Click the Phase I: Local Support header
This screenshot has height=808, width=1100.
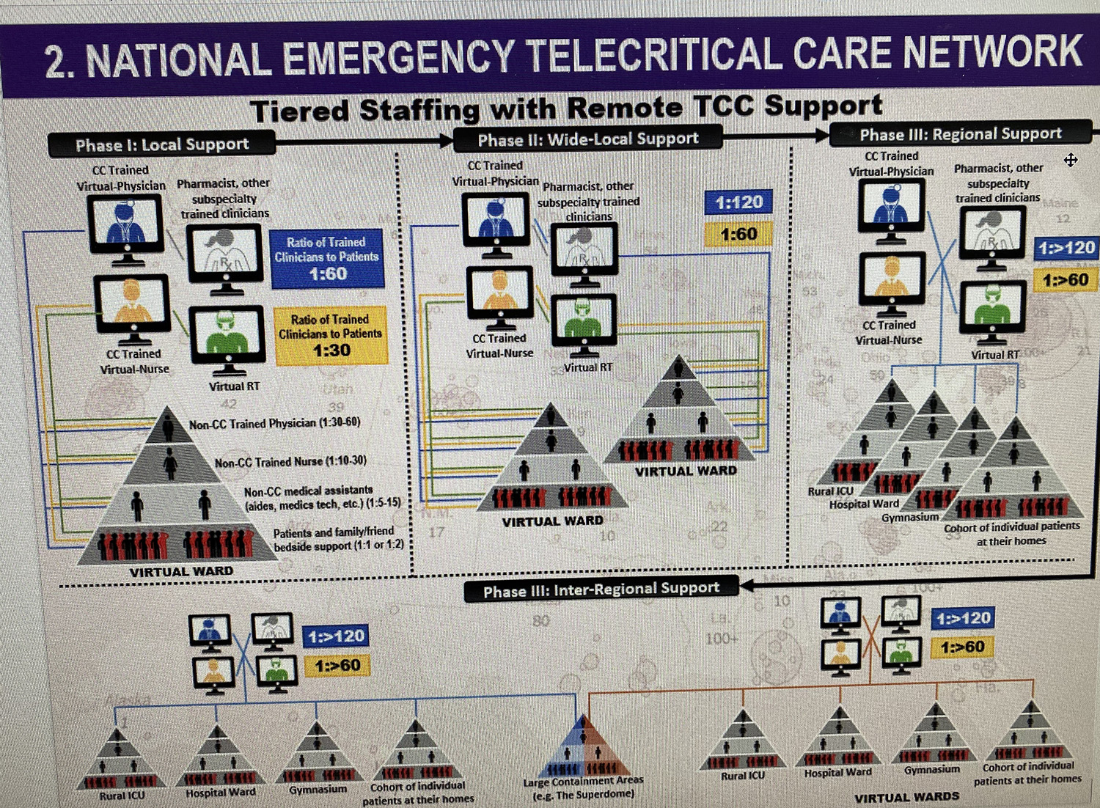pos(162,144)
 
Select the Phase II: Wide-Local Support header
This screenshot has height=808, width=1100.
pos(587,139)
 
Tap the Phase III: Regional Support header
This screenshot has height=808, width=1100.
pos(960,134)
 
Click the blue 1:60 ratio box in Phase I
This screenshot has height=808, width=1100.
pos(327,258)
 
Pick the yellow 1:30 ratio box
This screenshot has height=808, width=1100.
pos(330,335)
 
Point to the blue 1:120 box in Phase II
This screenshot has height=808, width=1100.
pos(738,202)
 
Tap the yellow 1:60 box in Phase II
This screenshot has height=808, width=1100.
pos(738,235)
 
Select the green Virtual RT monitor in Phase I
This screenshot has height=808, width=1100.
pos(227,337)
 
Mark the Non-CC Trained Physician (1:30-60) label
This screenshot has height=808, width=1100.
pos(274,424)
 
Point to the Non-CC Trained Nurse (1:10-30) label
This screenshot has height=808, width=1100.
pos(290,462)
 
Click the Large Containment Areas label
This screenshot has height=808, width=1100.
pos(584,787)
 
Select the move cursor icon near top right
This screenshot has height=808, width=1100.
pos(1071,160)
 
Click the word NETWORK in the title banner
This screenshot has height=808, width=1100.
pos(992,53)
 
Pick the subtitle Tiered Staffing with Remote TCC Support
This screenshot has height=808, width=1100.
pos(566,109)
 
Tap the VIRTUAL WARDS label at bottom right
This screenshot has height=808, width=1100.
pos(906,797)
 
